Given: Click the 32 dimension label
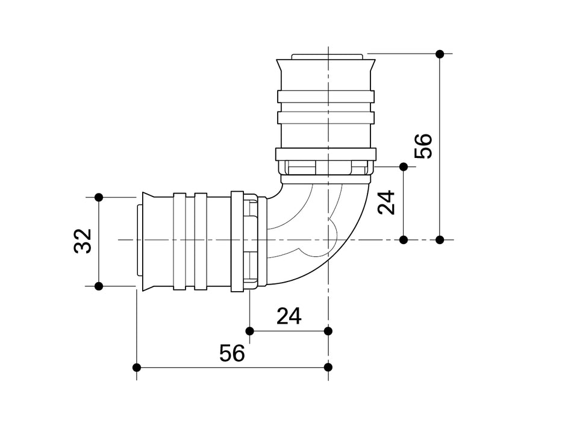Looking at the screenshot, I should [83, 241].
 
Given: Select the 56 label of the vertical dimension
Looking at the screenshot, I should [425, 146].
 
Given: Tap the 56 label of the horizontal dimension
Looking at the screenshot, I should [232, 353].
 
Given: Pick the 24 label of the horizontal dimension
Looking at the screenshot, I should [289, 316].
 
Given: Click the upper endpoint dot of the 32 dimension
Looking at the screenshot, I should [99, 197].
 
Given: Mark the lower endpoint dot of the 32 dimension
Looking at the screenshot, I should [99, 286].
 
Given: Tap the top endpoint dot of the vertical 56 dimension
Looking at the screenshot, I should [440, 54].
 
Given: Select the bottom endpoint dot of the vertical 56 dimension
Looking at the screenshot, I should [440, 240].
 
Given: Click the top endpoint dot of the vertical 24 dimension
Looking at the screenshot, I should [404, 166].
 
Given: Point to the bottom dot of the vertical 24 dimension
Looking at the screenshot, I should [404, 240].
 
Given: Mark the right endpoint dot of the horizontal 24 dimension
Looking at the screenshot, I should [328, 330].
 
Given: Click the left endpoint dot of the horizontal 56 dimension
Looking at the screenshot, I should [137, 367].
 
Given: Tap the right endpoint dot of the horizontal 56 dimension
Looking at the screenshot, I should [328, 367].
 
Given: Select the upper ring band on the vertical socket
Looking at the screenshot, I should [326, 96].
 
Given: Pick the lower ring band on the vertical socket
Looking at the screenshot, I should [326, 117].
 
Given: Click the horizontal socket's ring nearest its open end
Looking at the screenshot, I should [180, 241].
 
